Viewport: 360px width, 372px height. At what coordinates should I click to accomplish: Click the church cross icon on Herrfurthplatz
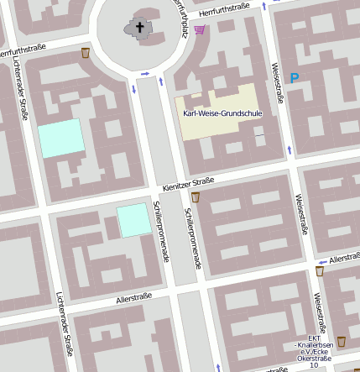point(140,28)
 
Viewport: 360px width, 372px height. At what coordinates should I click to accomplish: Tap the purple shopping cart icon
point(200,30)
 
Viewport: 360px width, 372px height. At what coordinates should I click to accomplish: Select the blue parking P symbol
point(295,78)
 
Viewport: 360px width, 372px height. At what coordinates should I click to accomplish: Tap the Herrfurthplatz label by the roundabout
point(179,15)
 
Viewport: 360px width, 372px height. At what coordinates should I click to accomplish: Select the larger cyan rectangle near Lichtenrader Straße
point(61,138)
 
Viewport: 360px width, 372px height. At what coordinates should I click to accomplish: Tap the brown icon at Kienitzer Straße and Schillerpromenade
point(196,197)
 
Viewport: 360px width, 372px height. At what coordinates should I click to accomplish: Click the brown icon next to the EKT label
point(342,342)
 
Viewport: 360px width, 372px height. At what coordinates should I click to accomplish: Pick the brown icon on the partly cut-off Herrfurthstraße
point(86,54)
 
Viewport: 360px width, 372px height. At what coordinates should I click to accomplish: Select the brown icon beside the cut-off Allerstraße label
point(320,272)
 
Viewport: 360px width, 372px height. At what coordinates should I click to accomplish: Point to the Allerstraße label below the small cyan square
point(133,297)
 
